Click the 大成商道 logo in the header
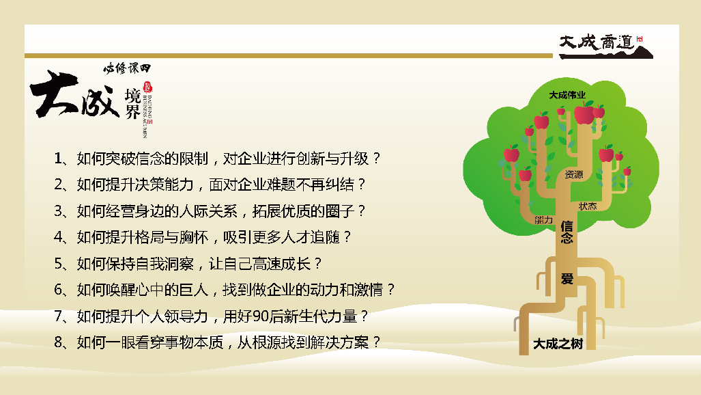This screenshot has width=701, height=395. pyautogui.click(x=605, y=46)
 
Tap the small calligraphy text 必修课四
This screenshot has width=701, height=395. pyautogui.click(x=128, y=68)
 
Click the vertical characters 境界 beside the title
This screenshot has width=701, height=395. pyautogui.click(x=133, y=104)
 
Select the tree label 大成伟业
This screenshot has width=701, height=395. pyautogui.click(x=567, y=95)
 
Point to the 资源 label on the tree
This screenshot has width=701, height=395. pyautogui.click(x=574, y=174)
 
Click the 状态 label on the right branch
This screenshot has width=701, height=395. pyautogui.click(x=588, y=206)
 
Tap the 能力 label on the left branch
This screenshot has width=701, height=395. pyautogui.click(x=543, y=219)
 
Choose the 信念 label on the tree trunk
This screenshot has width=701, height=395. pyautogui.click(x=567, y=232)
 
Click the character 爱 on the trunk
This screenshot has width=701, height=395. pyautogui.click(x=567, y=279)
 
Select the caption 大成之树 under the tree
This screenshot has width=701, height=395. pyautogui.click(x=558, y=344)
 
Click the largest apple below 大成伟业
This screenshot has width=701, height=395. pyautogui.click(x=584, y=113)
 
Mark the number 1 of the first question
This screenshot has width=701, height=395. pyautogui.click(x=57, y=158)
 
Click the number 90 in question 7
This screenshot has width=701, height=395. pyautogui.click(x=260, y=316)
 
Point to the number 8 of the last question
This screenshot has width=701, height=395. pyautogui.click(x=58, y=342)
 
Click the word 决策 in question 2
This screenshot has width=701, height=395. pyautogui.click(x=149, y=185)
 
